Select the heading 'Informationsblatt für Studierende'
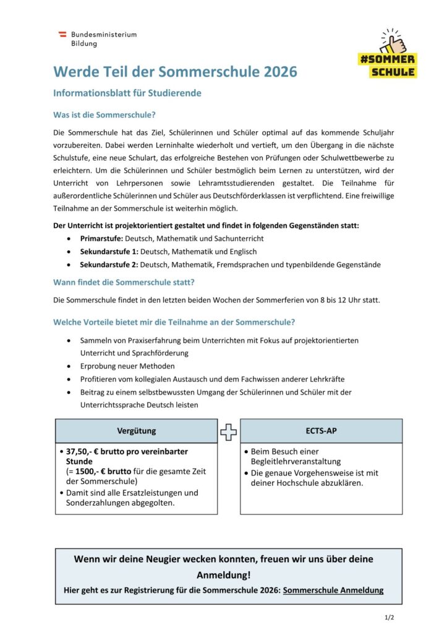127,93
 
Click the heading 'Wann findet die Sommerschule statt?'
124,282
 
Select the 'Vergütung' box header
137,430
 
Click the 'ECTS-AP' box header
321,430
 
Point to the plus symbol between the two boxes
229,431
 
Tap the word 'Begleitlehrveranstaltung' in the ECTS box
296,461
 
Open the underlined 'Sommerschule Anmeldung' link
333,590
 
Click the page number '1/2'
389,618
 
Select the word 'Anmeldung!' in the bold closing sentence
224,575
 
